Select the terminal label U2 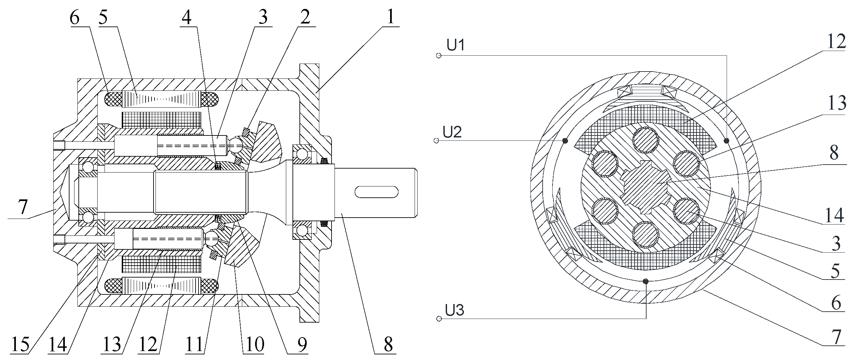(452, 132)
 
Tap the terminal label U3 (454, 311)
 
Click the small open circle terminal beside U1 (439, 55)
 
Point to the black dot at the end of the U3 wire (645, 282)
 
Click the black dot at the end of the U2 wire (565, 141)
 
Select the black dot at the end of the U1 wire (726, 141)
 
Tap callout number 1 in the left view (391, 17)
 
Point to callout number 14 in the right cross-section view (834, 215)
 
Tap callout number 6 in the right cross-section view (836, 303)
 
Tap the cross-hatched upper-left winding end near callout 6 (113, 99)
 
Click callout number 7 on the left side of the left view (22, 207)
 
